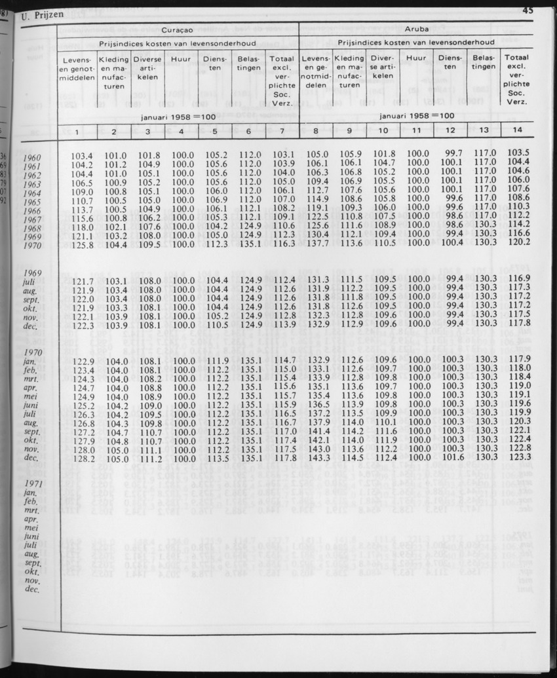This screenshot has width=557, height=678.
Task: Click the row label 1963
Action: [31, 185]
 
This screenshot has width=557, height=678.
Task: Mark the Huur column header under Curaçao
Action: [180, 59]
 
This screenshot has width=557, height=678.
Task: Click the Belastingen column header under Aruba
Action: [483, 62]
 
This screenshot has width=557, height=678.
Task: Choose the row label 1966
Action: [31, 212]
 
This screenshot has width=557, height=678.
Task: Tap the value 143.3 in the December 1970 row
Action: [317, 457]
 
